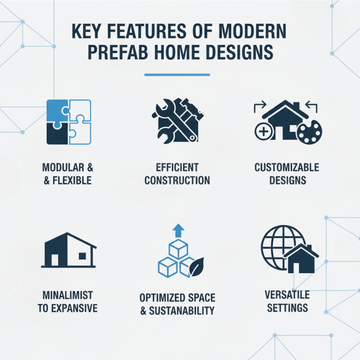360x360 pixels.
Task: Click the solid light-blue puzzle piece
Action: tap(58, 110)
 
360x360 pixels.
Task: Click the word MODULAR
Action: tap(62, 168)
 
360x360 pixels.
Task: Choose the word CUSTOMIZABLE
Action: tap(287, 168)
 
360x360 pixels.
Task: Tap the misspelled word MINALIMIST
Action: tap(67, 295)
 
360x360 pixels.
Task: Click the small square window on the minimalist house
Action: tap(82, 256)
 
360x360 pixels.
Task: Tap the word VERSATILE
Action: tap(287, 295)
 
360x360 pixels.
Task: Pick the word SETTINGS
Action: tap(287, 308)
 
